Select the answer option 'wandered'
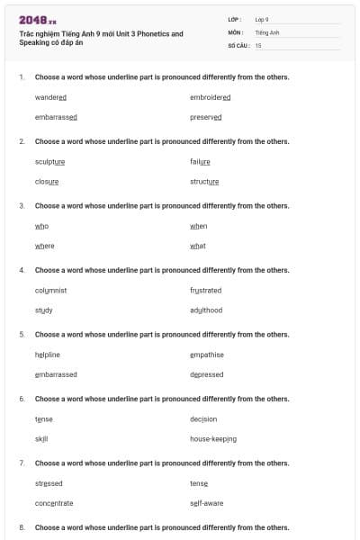tap(50, 97)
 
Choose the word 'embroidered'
tap(211, 97)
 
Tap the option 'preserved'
tap(205, 117)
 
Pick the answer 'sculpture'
tap(49, 161)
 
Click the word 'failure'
tap(200, 161)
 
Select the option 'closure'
tap(47, 181)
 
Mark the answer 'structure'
tap(204, 181)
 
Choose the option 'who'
tap(41, 226)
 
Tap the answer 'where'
tap(44, 246)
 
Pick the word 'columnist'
tap(50, 290)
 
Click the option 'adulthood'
tap(206, 310)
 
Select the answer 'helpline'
tap(48, 355)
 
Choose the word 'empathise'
tap(207, 355)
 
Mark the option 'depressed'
tap(206, 374)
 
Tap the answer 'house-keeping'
tap(213, 438)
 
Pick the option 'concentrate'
tap(54, 503)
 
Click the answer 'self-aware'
tap(206, 503)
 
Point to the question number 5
tap(22, 335)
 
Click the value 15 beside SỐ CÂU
tap(258, 45)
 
